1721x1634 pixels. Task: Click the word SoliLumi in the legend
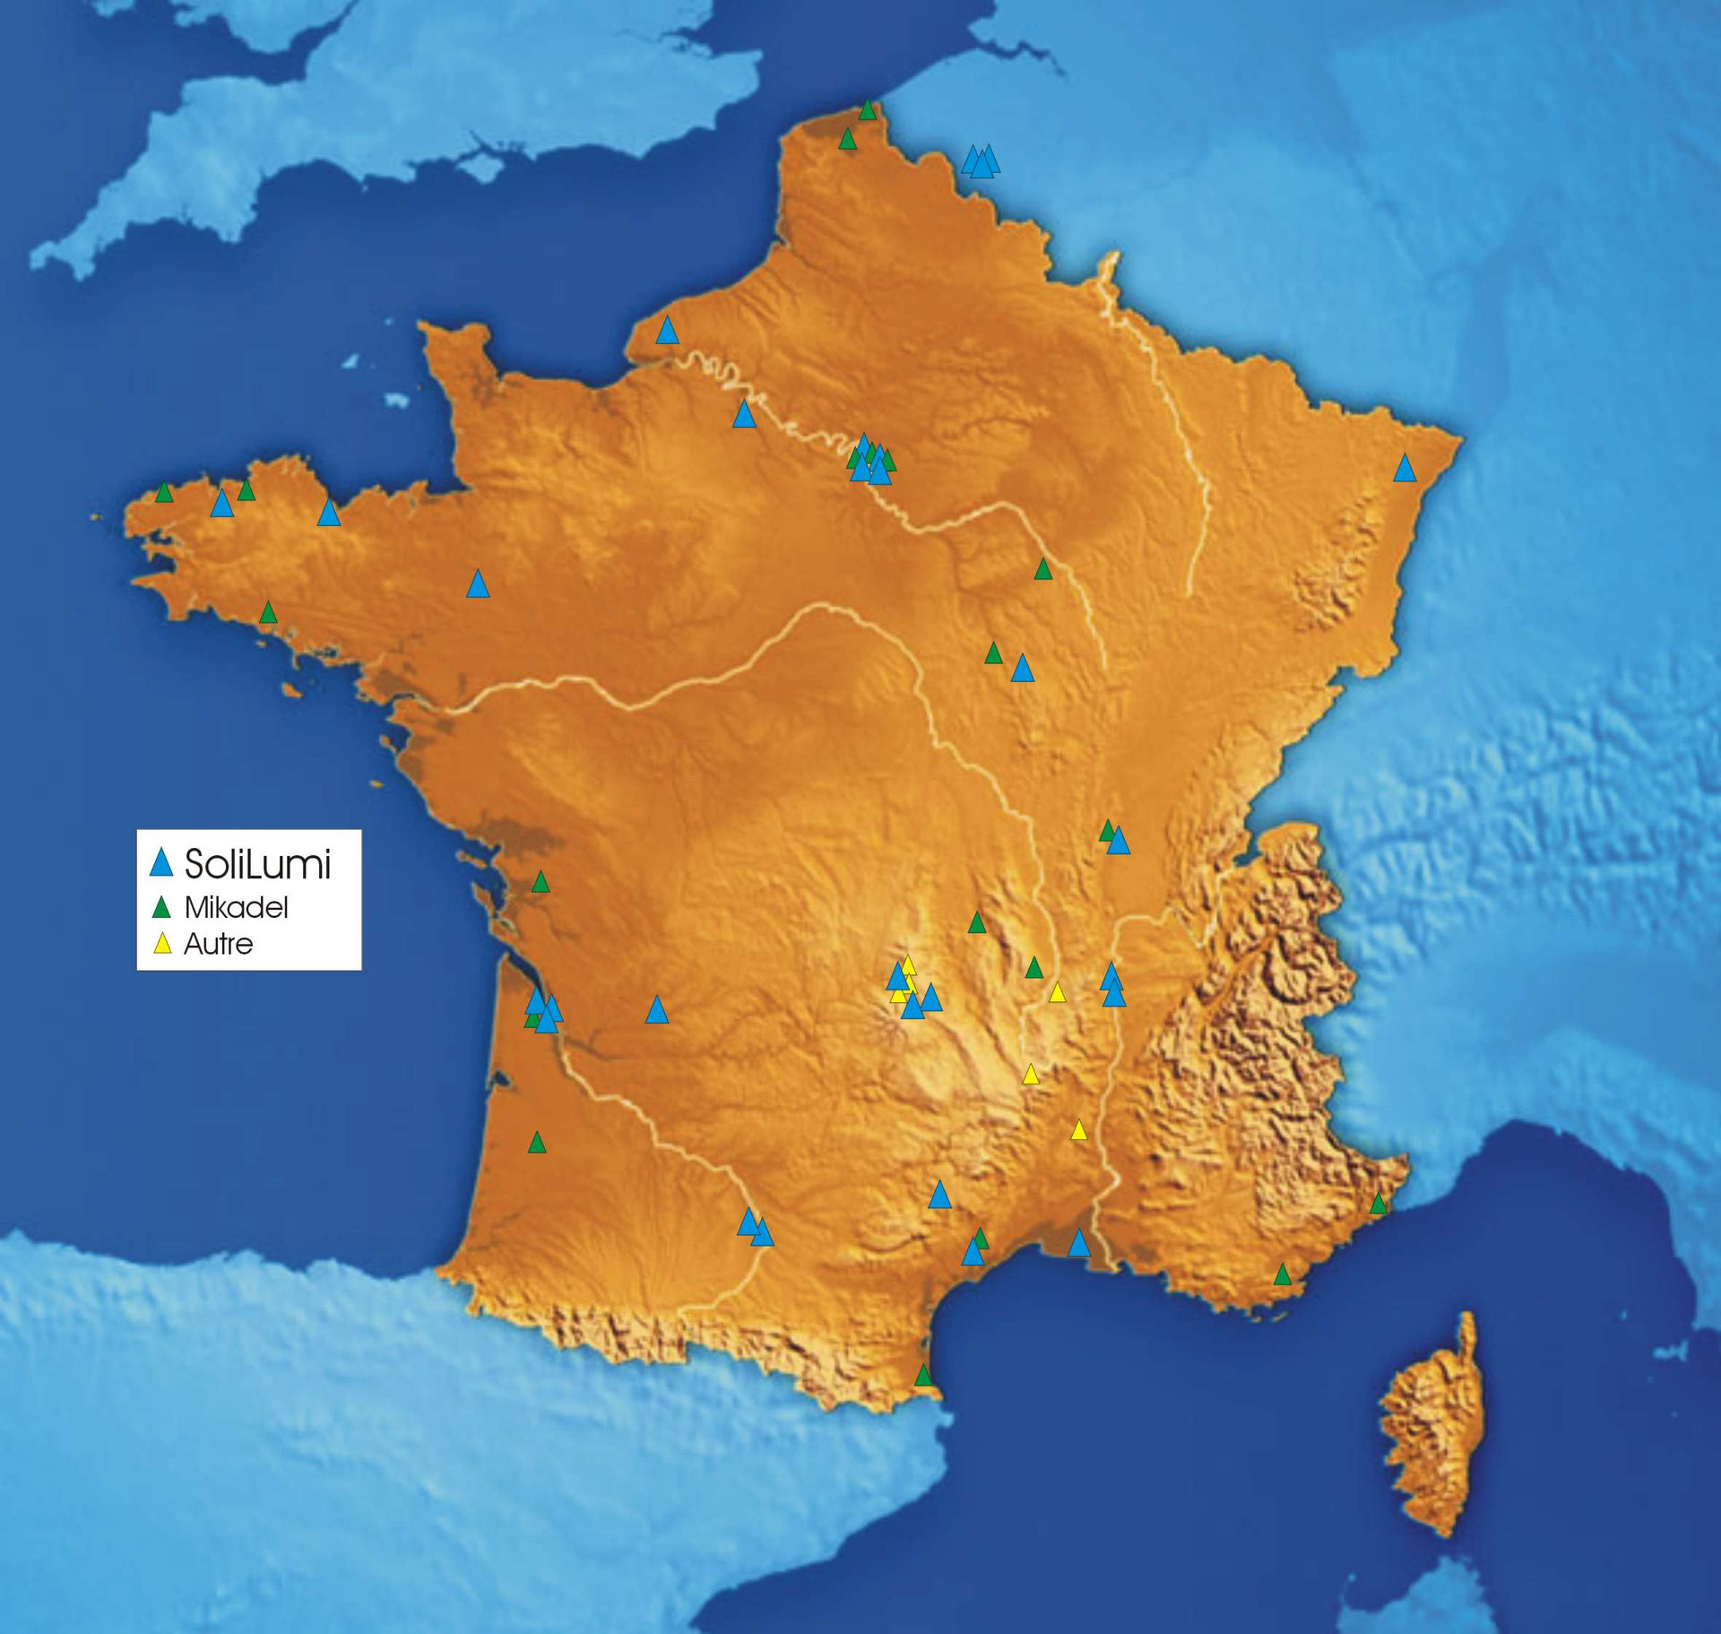257,864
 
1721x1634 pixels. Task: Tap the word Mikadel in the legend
236,908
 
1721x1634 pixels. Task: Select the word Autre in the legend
218,944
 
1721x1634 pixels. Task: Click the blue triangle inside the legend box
161,862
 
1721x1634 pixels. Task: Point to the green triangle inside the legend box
161,909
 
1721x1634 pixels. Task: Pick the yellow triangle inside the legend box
162,945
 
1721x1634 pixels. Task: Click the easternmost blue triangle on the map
1405,468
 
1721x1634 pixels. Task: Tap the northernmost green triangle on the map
867,111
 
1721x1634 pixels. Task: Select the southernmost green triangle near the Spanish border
923,1375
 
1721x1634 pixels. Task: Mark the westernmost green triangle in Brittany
164,492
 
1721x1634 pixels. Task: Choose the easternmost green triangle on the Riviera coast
1379,1204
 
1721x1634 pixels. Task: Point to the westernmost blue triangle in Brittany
221,505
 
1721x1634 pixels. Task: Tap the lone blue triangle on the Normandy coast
667,331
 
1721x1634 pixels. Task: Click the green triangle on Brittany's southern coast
268,613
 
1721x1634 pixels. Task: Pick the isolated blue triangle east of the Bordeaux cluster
657,1010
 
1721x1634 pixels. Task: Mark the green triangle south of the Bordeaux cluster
537,1143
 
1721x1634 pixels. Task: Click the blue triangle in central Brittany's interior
478,584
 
